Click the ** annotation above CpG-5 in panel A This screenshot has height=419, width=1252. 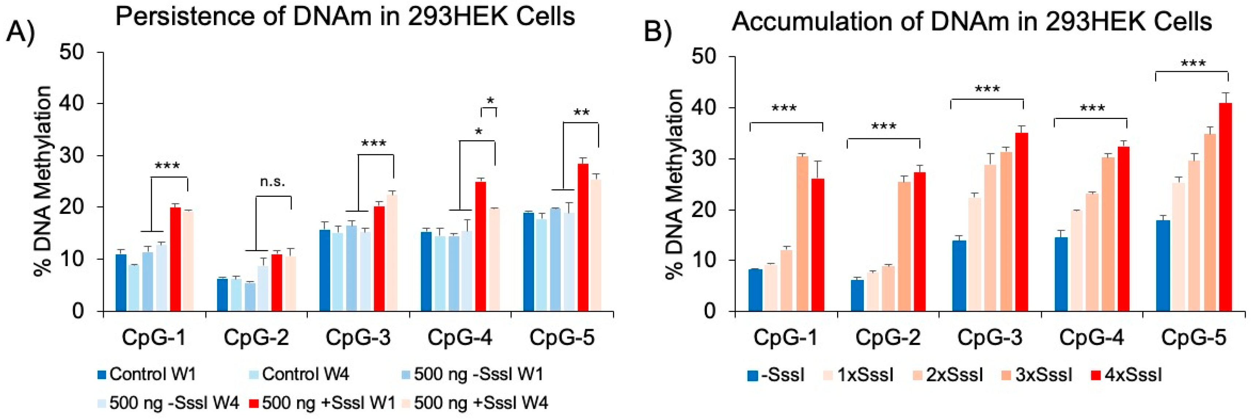coord(581,113)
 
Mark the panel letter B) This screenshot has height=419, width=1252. coord(658,33)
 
